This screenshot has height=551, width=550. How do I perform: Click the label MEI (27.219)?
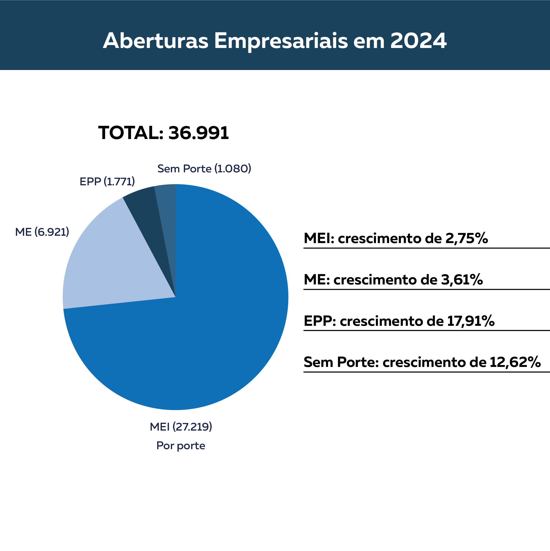point(181,427)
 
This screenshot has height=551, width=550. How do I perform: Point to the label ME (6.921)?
point(42,232)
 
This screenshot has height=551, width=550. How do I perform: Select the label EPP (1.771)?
point(107,182)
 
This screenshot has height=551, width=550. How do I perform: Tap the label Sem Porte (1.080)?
point(204,169)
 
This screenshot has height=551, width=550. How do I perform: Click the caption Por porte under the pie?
point(181,445)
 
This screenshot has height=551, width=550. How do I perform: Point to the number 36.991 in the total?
point(198,133)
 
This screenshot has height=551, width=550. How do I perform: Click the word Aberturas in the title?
point(155,41)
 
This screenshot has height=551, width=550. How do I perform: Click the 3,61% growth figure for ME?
point(462,280)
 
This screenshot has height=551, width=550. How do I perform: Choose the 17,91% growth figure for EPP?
point(471,321)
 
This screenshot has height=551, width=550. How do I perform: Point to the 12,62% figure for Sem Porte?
point(515,362)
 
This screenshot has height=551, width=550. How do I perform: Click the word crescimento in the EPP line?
point(392,321)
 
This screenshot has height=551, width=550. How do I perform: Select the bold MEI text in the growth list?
point(318,238)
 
